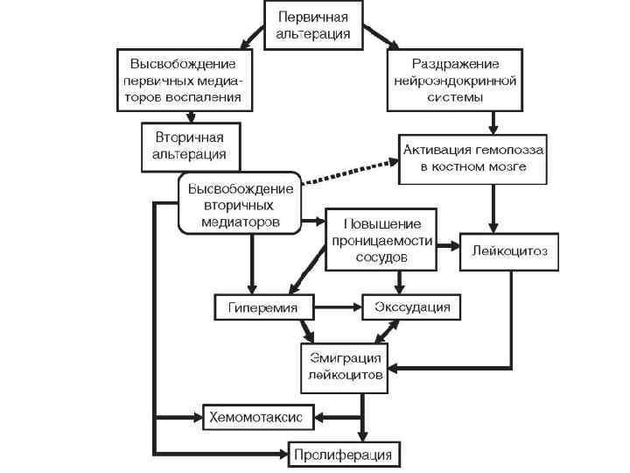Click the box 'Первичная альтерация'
pos(313,25)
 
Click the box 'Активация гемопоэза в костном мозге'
pos(472,159)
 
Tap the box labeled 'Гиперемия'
pos(263,307)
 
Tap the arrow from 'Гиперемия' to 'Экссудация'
pos(338,307)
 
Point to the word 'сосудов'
pos(381,258)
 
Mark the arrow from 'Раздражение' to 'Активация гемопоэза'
pos(494,122)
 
